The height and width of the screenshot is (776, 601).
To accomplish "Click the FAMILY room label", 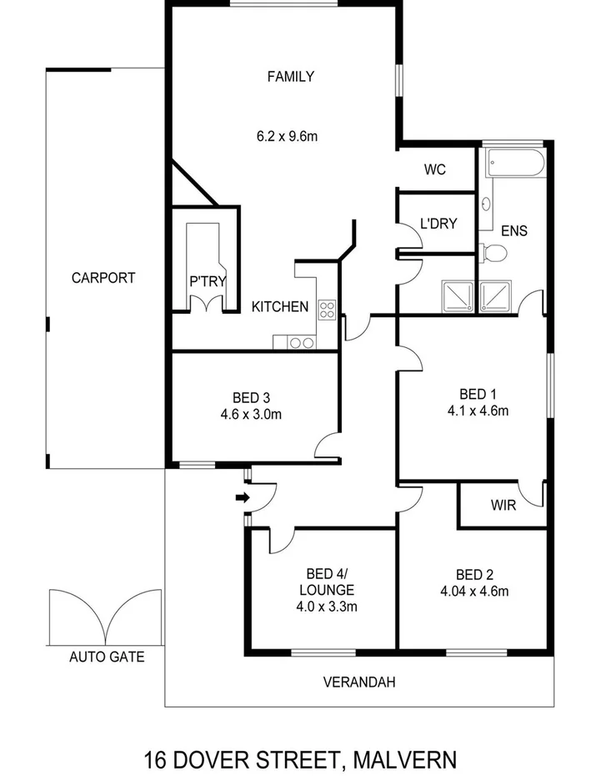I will click(x=290, y=77).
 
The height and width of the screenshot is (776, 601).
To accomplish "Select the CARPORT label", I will click(x=103, y=278).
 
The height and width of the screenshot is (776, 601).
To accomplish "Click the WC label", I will click(x=434, y=170).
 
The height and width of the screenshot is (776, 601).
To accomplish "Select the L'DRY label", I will click(x=438, y=223).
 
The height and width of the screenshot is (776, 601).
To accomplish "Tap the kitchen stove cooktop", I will click(x=326, y=310).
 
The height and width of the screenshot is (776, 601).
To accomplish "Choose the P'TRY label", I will click(x=208, y=282).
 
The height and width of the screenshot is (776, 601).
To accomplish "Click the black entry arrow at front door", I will click(x=242, y=498).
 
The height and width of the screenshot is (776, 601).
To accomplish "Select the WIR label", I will click(x=503, y=506).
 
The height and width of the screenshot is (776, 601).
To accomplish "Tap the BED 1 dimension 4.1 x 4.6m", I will click(x=478, y=410).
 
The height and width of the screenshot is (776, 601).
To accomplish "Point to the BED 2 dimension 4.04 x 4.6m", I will click(x=473, y=592).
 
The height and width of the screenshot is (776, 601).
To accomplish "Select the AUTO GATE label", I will click(x=106, y=657).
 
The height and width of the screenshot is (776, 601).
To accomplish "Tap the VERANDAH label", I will click(x=359, y=682).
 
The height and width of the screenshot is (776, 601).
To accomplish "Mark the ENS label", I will click(x=513, y=231).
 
